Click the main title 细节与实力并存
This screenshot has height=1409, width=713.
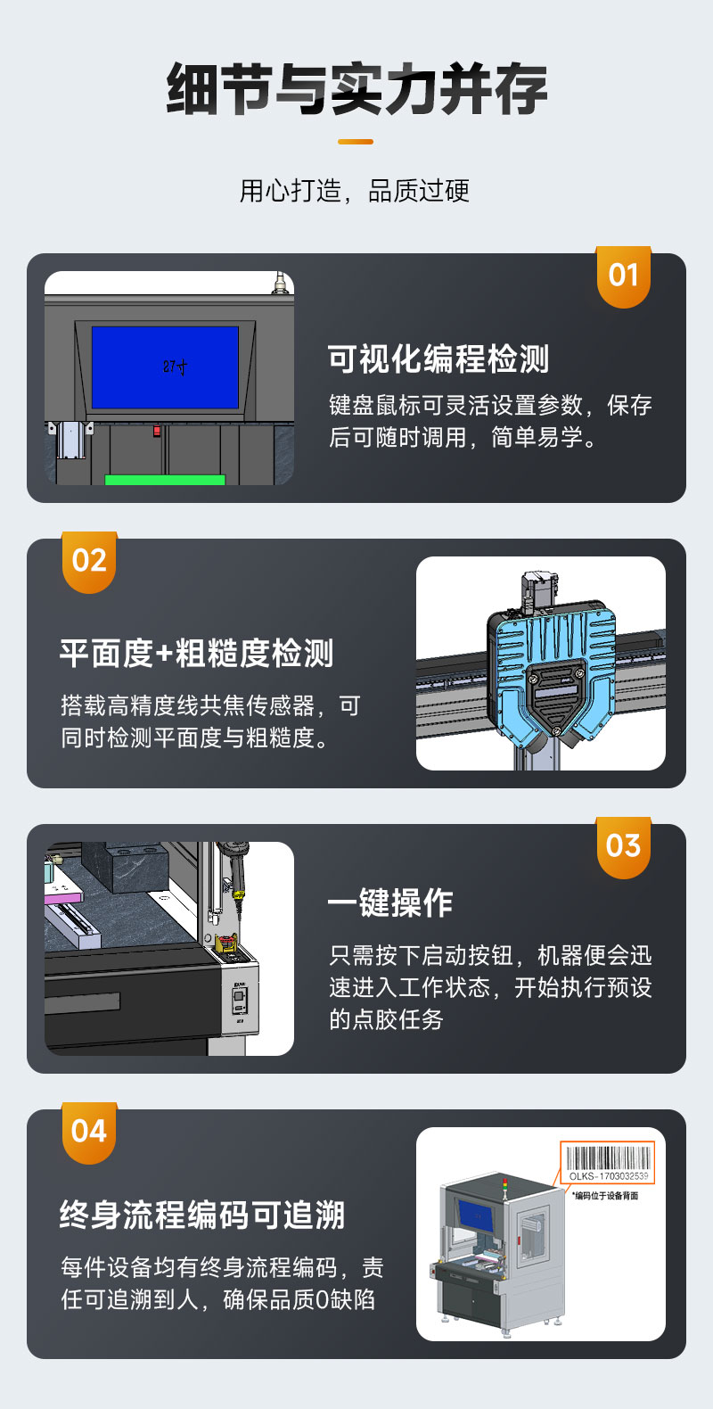click(x=356, y=88)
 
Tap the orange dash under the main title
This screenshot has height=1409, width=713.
click(x=356, y=142)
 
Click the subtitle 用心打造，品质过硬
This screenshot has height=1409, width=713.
click(x=355, y=191)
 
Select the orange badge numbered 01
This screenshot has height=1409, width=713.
click(x=624, y=276)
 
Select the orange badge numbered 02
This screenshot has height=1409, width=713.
click(x=89, y=562)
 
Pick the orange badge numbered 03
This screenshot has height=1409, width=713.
click(x=624, y=847)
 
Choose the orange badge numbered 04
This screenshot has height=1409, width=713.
click(x=89, y=1133)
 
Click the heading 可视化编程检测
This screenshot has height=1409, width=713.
click(x=438, y=359)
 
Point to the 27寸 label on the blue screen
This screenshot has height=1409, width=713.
click(x=175, y=367)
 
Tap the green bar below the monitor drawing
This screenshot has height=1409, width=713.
click(x=165, y=480)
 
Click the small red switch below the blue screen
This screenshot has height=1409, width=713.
click(x=157, y=431)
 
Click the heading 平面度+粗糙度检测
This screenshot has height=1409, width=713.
click(x=196, y=653)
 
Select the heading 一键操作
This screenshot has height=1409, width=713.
click(x=390, y=902)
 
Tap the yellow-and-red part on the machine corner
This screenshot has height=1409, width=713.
click(x=226, y=943)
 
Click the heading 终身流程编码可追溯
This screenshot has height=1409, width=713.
click(x=202, y=1215)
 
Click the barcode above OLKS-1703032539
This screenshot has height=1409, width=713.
click(x=608, y=1158)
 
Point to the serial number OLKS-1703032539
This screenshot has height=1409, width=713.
click(x=609, y=1176)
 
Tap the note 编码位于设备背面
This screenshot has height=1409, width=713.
click(x=606, y=1196)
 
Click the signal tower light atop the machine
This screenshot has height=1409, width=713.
click(x=504, y=1185)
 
